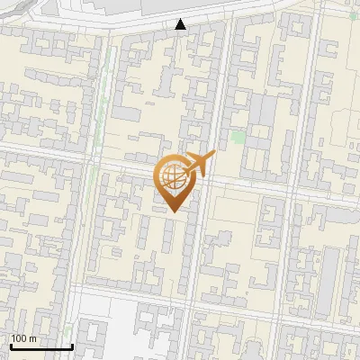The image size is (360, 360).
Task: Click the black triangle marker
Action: pyautogui.click(x=181, y=24)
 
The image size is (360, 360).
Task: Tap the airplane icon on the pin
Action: pyautogui.click(x=199, y=163)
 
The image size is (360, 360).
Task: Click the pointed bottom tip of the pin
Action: pyautogui.click(x=174, y=211)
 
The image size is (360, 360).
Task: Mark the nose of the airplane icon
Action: pyautogui.click(x=213, y=154)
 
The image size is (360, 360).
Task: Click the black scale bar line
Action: pyautogui.click(x=41, y=347)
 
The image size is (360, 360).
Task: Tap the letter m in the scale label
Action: pyautogui.click(x=32, y=339)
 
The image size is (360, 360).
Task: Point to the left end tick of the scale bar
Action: pyautogui.click(x=11, y=346)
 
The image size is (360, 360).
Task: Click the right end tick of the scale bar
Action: pyautogui.click(x=72, y=346)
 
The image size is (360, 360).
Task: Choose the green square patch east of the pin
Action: pyautogui.click(x=238, y=138)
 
